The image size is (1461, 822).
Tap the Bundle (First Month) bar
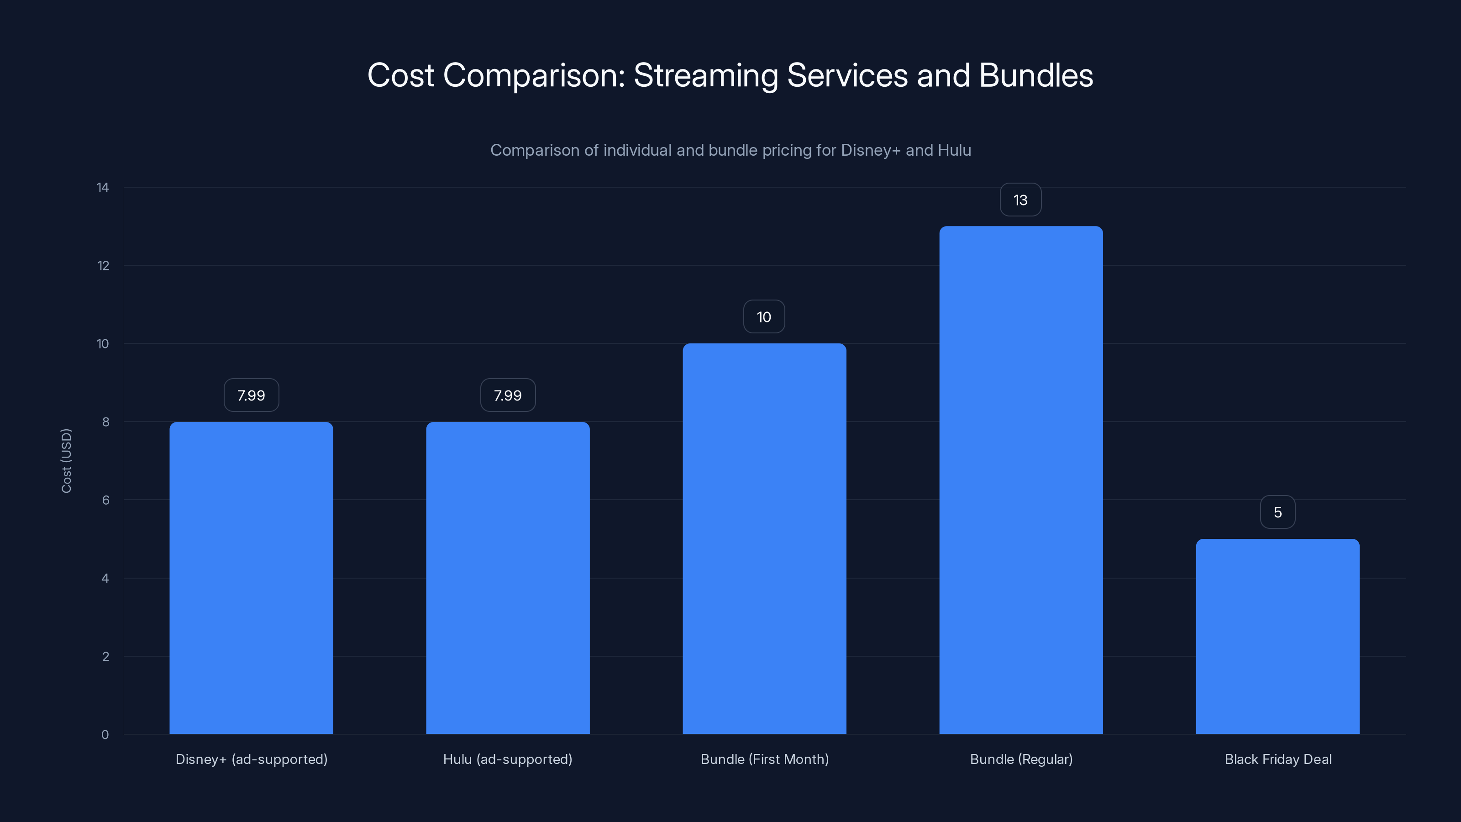(764, 539)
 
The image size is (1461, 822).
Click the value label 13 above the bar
(1020, 200)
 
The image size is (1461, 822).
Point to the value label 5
(1277, 512)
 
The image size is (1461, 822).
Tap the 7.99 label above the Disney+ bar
(251, 395)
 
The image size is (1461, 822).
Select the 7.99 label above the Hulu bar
(508, 395)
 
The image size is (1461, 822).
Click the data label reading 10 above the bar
(764, 317)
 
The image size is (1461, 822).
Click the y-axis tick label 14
(103, 187)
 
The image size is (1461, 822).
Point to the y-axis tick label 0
(105, 735)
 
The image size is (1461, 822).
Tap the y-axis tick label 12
(103, 265)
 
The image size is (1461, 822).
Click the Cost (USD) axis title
(66, 461)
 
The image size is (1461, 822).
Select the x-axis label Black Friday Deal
(1278, 759)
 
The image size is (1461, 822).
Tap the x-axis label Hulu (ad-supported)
(508, 759)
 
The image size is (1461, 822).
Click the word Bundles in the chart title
(1035, 75)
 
